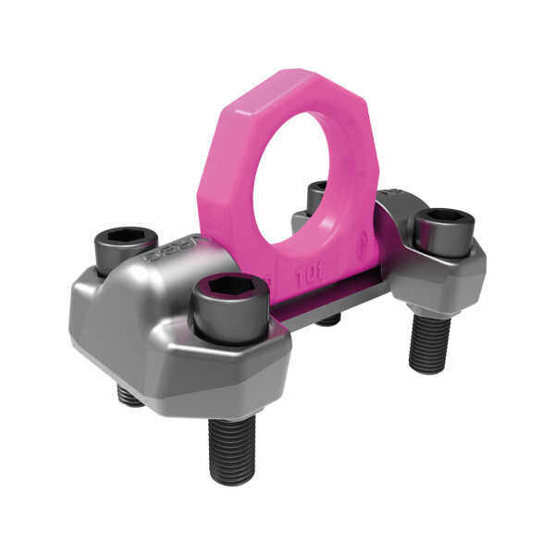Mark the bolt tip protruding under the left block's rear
pyautogui.click(x=125, y=395)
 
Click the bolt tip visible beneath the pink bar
pyautogui.click(x=328, y=320)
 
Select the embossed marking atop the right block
pyautogui.click(x=388, y=192)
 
